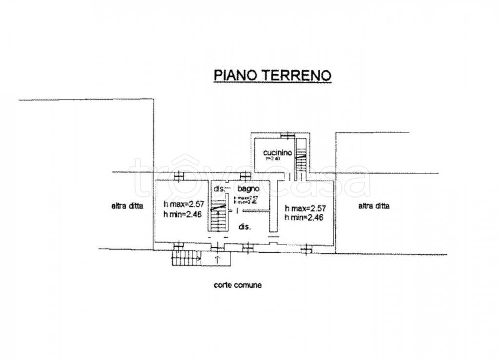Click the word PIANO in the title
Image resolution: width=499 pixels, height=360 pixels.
click(x=231, y=75)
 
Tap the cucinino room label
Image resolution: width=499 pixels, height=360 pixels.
click(x=274, y=152)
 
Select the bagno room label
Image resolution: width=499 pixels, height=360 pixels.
click(x=248, y=189)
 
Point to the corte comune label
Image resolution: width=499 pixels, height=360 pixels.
click(x=237, y=285)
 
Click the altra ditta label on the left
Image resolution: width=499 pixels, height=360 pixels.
click(x=127, y=206)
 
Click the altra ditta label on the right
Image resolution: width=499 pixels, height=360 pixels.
click(x=374, y=206)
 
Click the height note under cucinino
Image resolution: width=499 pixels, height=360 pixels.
click(x=273, y=159)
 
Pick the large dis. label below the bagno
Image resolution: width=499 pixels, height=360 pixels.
click(x=245, y=227)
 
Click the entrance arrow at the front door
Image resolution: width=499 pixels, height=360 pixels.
click(x=217, y=258)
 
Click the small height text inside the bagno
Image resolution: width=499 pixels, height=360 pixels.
click(x=245, y=199)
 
